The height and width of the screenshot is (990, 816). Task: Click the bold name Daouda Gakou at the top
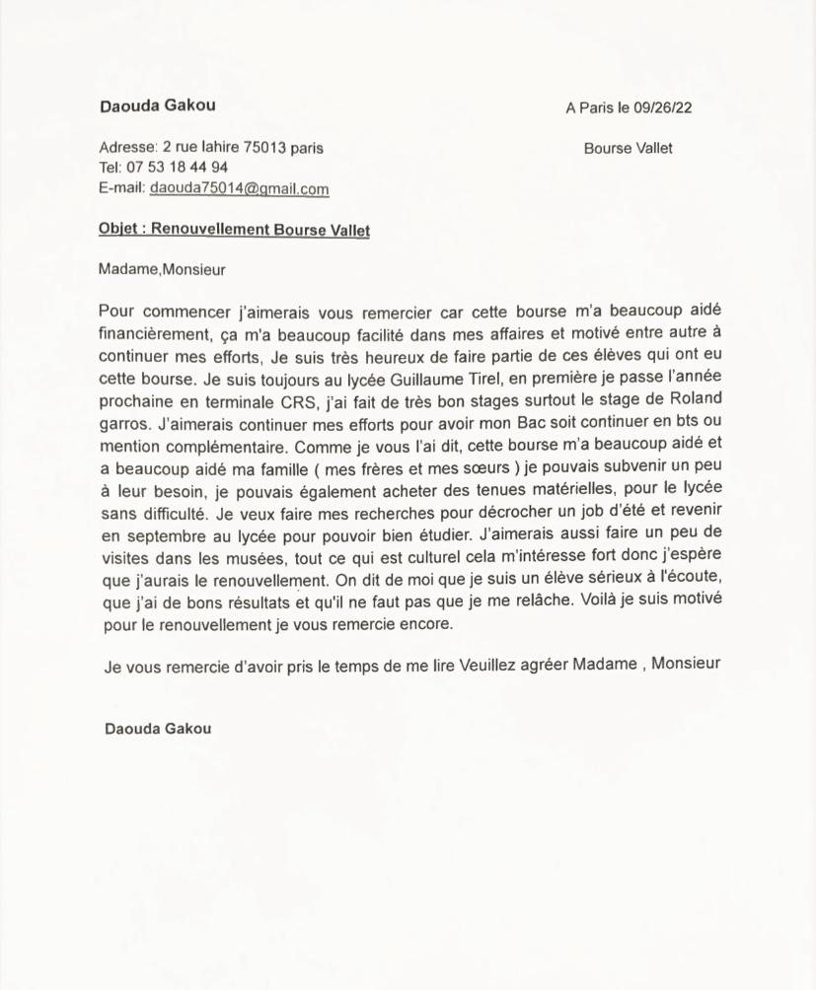pyautogui.click(x=157, y=106)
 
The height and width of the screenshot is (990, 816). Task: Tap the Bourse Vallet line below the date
pyautogui.click(x=628, y=149)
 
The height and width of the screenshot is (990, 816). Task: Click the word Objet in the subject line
pyautogui.click(x=118, y=229)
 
